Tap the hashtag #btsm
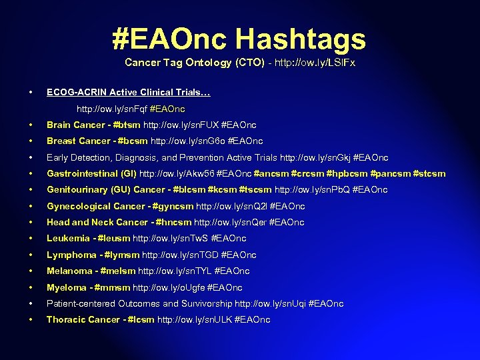(x=127, y=125)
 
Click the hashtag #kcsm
(x=221, y=190)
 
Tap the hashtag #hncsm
(x=174, y=223)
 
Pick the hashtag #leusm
(x=113, y=239)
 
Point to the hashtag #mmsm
(x=113, y=288)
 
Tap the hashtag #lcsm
(x=140, y=320)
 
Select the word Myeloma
(x=65, y=288)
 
